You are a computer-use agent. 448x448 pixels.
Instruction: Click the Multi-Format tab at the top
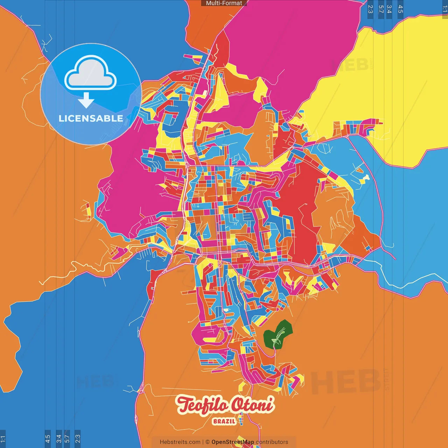click(224, 3)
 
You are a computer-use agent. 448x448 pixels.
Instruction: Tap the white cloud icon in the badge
click(91, 74)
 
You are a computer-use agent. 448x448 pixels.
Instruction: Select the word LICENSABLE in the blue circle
click(91, 118)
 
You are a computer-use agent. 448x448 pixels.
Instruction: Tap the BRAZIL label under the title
click(224, 421)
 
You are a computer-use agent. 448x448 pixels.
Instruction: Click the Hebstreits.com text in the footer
click(180, 442)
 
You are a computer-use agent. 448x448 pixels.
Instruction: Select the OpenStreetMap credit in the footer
click(232, 442)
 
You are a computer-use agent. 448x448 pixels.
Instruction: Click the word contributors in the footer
click(272, 442)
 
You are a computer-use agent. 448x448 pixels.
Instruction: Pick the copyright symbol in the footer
click(208, 442)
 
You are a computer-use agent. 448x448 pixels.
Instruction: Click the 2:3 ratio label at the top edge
click(370, 9)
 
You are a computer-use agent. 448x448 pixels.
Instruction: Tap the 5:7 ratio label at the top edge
click(381, 9)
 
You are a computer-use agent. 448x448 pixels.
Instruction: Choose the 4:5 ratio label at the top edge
click(400, 9)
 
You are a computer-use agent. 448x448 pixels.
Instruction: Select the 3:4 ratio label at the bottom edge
click(59, 439)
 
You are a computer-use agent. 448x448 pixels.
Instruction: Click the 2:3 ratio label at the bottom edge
click(78, 439)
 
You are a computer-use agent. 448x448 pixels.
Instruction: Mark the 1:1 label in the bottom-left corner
click(3, 439)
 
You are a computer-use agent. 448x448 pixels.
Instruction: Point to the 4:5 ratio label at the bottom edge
click(48, 439)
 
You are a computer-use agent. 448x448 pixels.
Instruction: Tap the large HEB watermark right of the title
click(345, 381)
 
